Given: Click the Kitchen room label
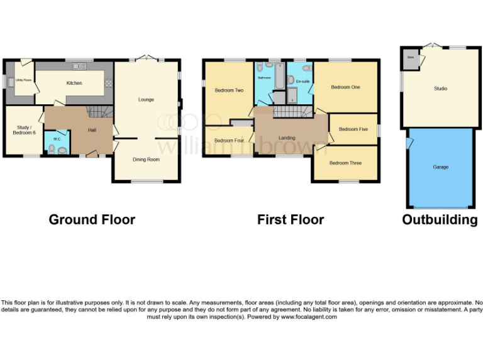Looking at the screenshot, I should click(74, 83).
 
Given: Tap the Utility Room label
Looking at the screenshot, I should click(23, 80).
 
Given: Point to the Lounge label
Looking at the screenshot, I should click(146, 99).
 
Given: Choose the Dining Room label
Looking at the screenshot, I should click(146, 160).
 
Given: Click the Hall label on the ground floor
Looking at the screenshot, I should click(92, 130).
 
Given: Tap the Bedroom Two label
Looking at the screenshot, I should click(229, 90).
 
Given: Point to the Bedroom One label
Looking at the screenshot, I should click(345, 87).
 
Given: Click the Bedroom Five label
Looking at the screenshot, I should click(353, 129).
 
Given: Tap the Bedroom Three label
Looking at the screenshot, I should click(345, 163).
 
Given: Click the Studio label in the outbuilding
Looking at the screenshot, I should click(440, 89).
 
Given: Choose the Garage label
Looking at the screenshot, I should click(440, 167).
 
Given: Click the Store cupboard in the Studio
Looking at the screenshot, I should click(411, 58).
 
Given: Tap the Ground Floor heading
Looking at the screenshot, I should click(92, 219).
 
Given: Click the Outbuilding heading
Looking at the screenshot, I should click(440, 219).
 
